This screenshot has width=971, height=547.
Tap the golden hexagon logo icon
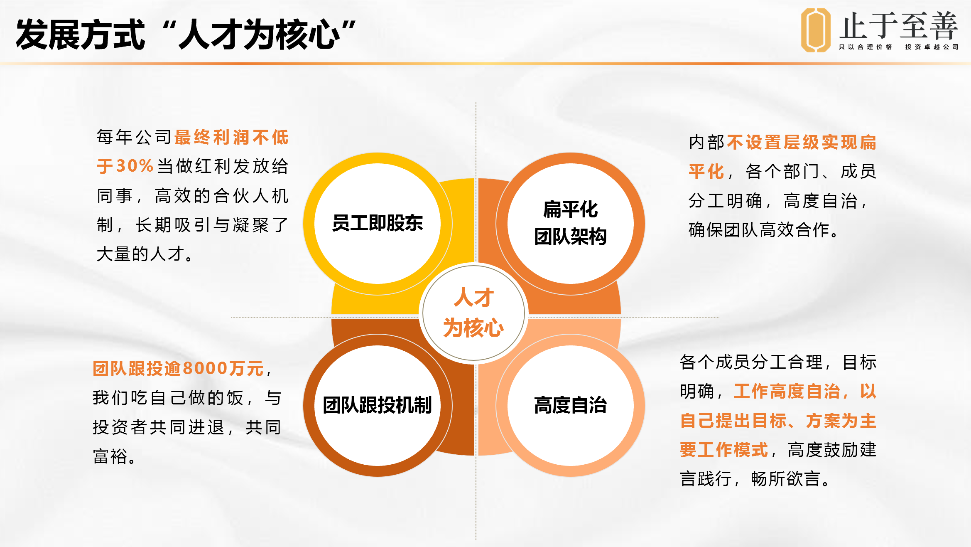[815, 30]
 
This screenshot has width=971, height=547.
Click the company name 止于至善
[898, 26]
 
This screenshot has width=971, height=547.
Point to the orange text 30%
[135, 166]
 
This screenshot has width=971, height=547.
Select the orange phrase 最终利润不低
[231, 137]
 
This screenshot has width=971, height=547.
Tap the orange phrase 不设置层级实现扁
[802, 142]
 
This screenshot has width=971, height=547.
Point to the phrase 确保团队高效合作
[759, 229]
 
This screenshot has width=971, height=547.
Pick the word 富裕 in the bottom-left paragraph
[110, 456]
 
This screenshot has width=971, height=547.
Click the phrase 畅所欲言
[786, 479]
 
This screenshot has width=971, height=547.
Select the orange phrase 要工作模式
[724, 450]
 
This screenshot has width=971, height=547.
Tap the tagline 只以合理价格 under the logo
[866, 47]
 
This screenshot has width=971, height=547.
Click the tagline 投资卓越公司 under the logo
[932, 47]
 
